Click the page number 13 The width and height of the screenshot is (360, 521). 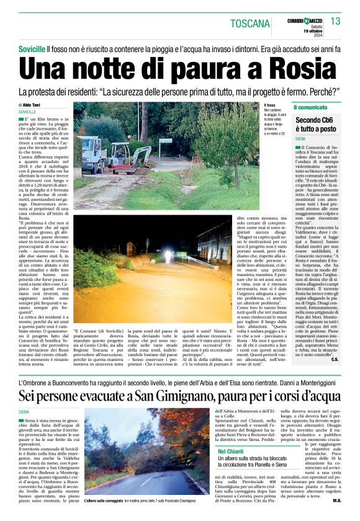pyautogui.click(x=335, y=22)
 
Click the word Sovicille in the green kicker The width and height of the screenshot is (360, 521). pyautogui.click(x=32, y=48)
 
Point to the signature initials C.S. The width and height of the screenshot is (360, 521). pyautogui.click(x=335, y=358)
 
